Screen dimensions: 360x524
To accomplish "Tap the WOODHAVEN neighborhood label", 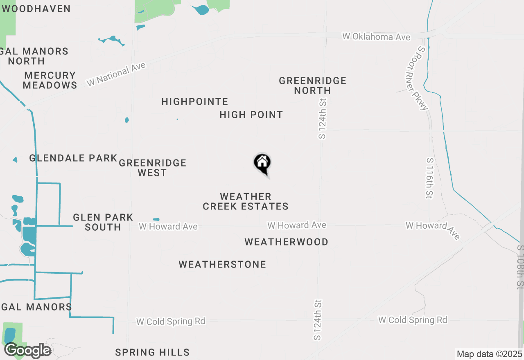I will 36,9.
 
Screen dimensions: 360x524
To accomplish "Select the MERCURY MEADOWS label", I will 50,80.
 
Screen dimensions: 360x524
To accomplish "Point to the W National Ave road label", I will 116,74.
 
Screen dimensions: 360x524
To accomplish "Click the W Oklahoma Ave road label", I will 376,37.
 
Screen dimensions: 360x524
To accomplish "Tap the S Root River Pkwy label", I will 422,78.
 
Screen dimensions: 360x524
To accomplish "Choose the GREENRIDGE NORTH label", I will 313,85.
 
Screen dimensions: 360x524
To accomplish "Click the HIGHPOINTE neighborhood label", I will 195,101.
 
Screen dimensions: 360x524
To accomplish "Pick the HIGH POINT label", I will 251,115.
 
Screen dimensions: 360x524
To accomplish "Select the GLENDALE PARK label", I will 73,158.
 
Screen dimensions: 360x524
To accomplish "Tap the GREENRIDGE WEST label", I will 153,168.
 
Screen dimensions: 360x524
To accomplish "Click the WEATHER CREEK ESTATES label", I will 246,201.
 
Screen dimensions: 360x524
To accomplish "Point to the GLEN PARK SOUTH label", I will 103,222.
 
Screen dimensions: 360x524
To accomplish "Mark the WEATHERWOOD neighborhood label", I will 286,242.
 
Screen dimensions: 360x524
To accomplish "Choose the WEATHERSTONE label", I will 222,264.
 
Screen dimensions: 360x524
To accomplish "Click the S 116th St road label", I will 429,178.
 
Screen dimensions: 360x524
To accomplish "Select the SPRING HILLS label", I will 152,352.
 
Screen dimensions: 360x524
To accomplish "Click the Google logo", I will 27,350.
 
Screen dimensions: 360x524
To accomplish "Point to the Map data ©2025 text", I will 489,354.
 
